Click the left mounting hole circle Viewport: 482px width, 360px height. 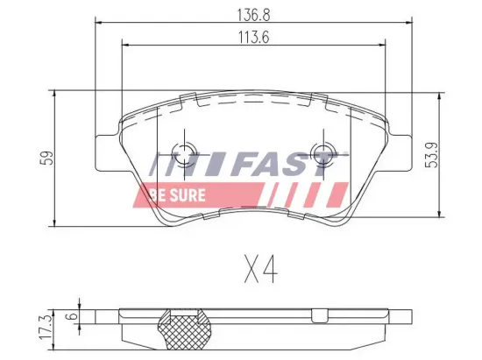186,149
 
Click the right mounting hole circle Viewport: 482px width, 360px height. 323,149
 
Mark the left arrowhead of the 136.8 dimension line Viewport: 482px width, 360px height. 96,22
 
